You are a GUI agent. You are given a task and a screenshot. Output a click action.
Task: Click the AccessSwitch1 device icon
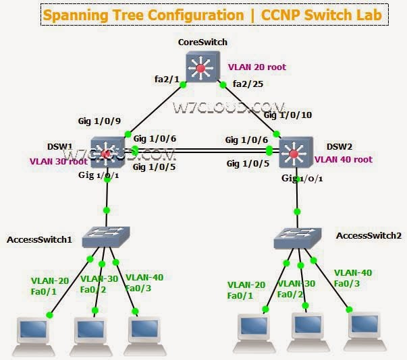click(106, 236)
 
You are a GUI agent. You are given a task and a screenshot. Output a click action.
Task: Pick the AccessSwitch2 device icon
click(298, 237)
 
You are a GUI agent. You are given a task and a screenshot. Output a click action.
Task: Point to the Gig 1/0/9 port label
click(99, 121)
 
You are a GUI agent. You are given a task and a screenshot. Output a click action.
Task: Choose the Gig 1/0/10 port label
click(288, 115)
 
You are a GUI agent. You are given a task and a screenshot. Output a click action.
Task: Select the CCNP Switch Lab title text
click(321, 13)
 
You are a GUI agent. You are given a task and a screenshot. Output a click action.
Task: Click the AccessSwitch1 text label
click(38, 239)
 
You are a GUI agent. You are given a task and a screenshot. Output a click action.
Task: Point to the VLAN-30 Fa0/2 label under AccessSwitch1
click(98, 283)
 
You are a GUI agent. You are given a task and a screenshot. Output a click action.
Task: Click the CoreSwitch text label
click(202, 42)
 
